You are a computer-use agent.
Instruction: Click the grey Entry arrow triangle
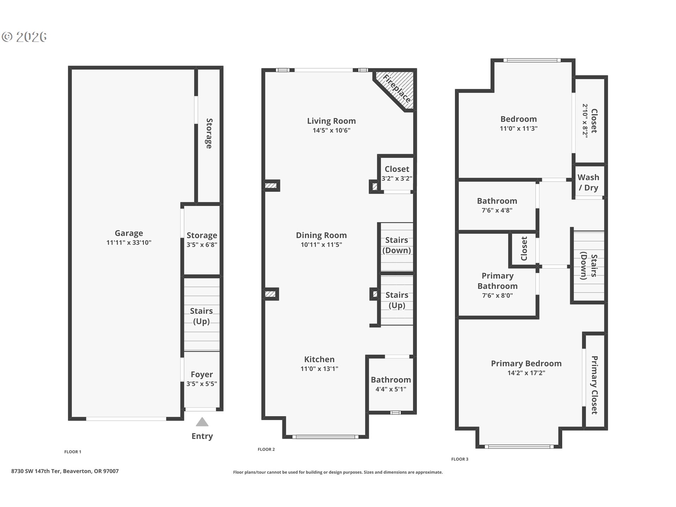(202, 422)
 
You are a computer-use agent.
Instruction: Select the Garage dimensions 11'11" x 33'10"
(129, 243)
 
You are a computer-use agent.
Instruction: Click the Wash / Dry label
(588, 182)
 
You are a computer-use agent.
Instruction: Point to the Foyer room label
(202, 375)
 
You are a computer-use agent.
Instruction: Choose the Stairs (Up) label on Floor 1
(201, 316)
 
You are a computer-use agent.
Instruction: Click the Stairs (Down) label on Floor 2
(396, 245)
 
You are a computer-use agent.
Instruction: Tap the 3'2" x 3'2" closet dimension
(397, 179)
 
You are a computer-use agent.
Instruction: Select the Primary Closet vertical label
(594, 385)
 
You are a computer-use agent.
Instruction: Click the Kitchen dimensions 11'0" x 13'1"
(319, 369)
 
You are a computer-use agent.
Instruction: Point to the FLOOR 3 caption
(460, 459)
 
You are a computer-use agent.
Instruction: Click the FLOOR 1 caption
(73, 452)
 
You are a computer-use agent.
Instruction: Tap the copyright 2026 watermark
(24, 37)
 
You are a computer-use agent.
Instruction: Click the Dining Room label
(321, 235)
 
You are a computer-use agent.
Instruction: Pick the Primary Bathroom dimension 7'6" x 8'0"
(497, 296)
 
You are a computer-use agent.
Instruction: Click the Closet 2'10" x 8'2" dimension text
(585, 121)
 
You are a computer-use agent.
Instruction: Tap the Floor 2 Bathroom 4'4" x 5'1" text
(391, 389)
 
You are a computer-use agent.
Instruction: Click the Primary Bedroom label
(526, 364)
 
